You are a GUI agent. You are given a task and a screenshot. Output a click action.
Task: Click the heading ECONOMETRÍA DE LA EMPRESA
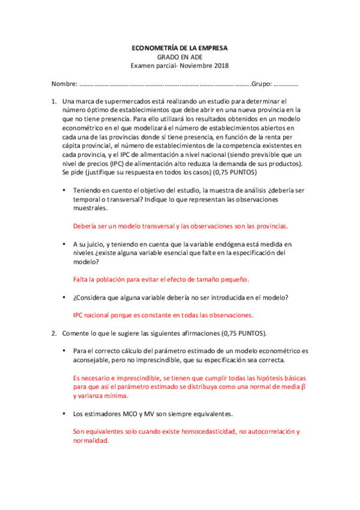coord(180,47)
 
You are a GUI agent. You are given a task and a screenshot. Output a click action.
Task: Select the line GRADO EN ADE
coord(180,56)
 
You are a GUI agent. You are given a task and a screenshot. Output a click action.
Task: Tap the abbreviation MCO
coord(128,414)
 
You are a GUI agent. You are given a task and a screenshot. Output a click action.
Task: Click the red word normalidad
coord(91,440)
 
